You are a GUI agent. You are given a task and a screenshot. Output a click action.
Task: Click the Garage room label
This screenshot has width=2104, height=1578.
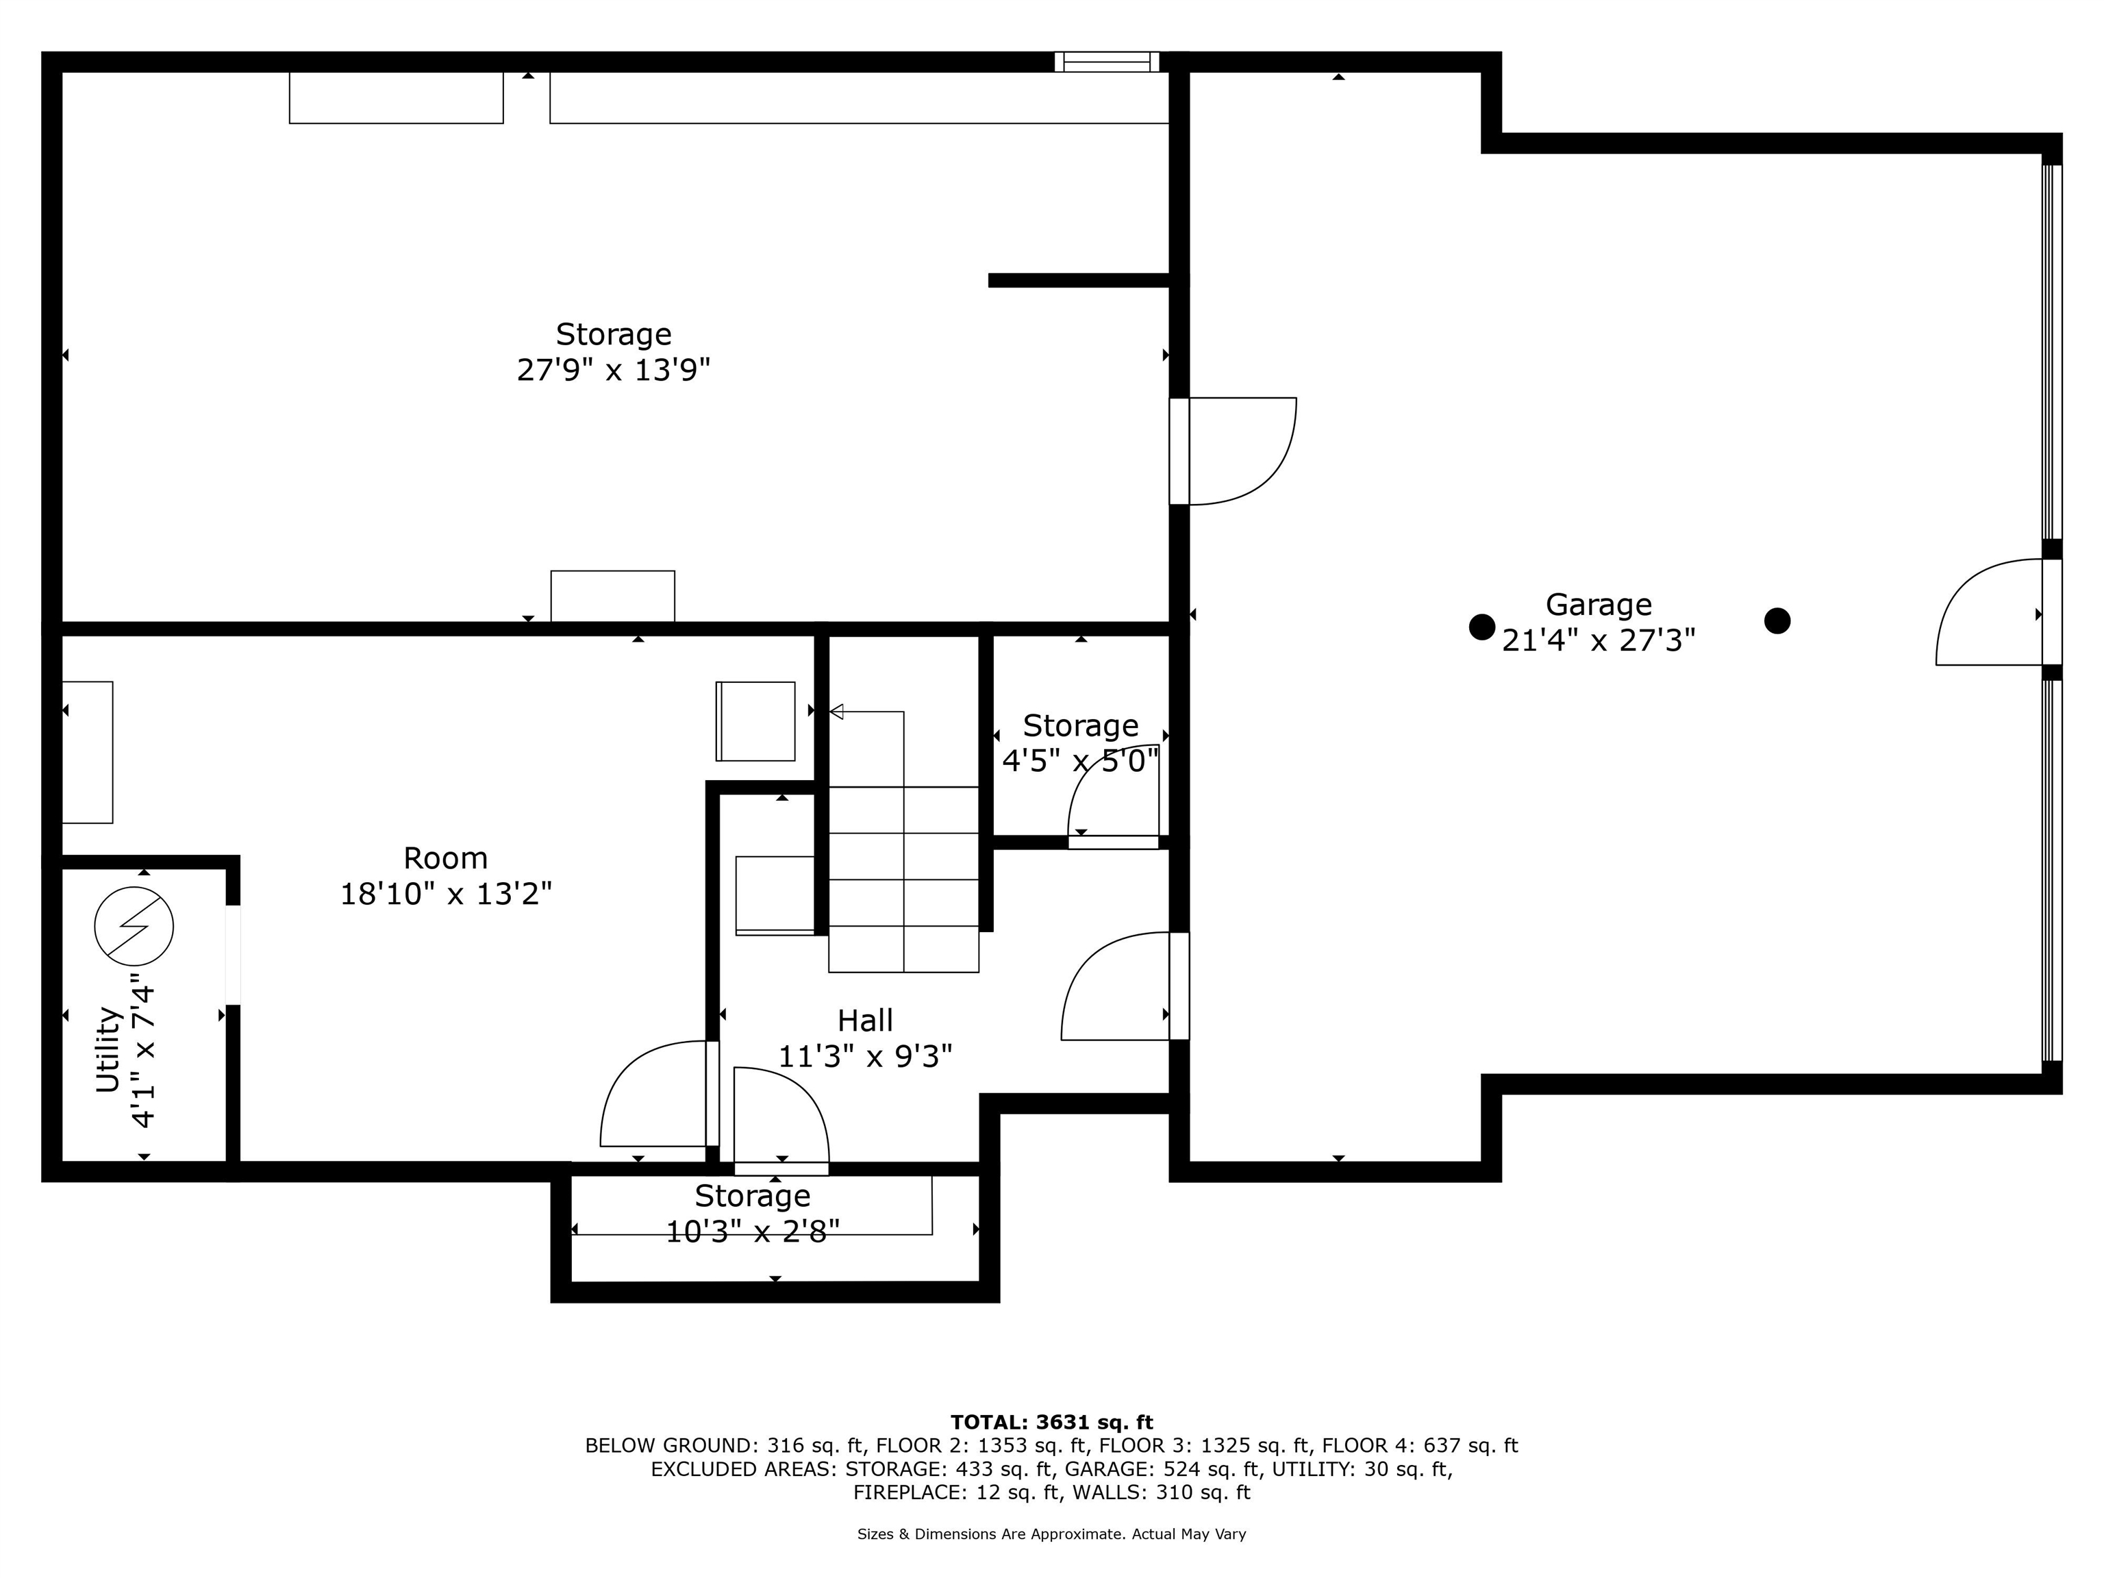point(1598,605)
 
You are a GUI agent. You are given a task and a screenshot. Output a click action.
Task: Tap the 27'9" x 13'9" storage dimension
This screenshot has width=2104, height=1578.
point(614,369)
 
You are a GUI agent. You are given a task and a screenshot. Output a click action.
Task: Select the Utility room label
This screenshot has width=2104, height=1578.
point(108,1049)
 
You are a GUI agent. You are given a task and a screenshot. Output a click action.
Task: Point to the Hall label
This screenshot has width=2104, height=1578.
point(864,1020)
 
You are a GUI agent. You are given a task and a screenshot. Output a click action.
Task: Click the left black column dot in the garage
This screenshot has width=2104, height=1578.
point(1482,627)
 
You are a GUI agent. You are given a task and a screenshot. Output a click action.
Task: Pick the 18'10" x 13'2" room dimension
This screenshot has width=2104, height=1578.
point(446,894)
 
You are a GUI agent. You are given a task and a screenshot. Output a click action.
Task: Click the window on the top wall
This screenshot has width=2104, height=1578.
point(1106,62)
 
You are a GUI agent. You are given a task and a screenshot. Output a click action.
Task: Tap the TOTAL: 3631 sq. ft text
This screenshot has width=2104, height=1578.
point(1052,1422)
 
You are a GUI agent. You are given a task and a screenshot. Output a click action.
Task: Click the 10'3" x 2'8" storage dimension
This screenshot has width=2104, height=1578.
point(753,1231)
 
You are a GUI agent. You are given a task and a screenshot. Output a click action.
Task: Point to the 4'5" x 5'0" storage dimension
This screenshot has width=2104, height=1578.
point(1081,761)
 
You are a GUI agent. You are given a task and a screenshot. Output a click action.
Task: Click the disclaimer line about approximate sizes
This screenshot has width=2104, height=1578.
point(1052,1534)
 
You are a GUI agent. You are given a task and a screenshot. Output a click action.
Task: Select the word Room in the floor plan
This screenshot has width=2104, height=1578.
point(445,858)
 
